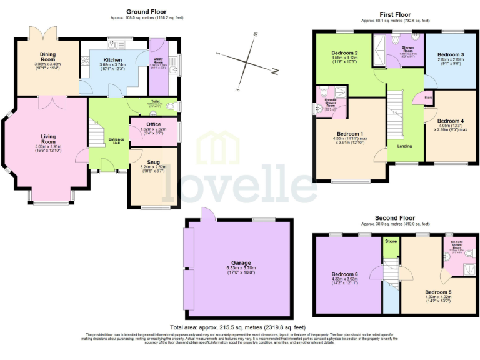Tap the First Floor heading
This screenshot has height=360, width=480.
(395, 14)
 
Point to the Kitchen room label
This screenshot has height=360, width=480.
(113, 61)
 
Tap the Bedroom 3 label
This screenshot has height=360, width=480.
(451, 54)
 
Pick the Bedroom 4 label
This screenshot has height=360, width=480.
(450, 121)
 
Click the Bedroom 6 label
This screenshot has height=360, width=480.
(345, 273)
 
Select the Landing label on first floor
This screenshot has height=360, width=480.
(404, 146)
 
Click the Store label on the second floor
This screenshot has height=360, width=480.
(391, 241)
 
